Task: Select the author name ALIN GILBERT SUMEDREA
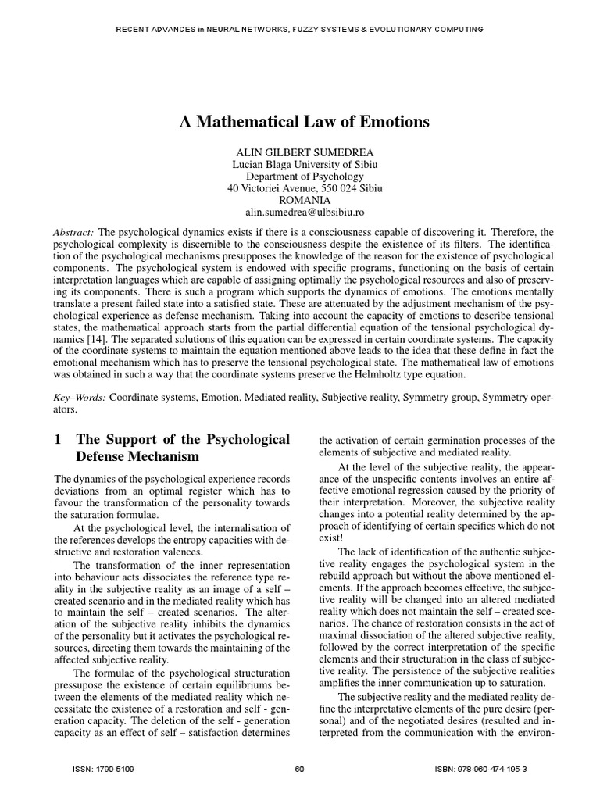click(300, 152)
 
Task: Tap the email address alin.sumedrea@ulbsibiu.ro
click(300, 212)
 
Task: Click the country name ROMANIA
click(300, 200)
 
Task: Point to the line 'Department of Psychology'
click(300, 177)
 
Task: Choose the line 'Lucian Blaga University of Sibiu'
click(300, 165)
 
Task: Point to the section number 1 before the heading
click(58, 439)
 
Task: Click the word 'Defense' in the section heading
click(105, 456)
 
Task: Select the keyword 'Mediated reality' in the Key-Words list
click(280, 397)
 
